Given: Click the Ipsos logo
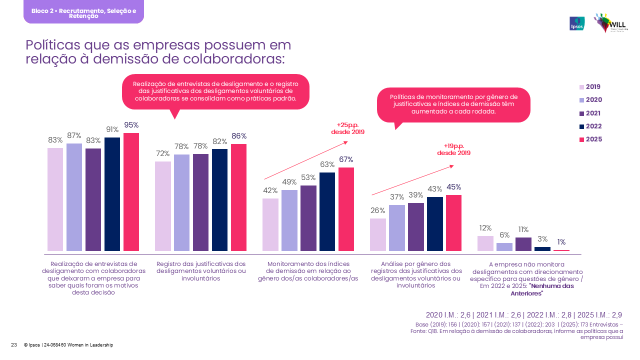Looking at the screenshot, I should tap(577, 23).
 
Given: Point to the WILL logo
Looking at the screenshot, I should tap(610, 23).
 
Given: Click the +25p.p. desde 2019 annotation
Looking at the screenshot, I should tap(348, 128).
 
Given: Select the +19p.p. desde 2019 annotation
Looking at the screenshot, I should tap(454, 149).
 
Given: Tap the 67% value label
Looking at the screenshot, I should tap(346, 159).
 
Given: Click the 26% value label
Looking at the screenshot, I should tap(378, 210).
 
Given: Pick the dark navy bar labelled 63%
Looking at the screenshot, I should tap(327, 211).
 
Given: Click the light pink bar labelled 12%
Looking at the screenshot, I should tap(485, 243).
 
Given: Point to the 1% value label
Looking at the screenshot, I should tap(561, 242).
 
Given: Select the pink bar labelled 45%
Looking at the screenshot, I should tap(453, 222).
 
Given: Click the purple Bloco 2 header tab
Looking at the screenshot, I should tap(83, 12).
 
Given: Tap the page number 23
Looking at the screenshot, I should tap(14, 344).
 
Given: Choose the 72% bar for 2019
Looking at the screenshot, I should tap(163, 206).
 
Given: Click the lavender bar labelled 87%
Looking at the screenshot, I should tap(74, 197).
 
